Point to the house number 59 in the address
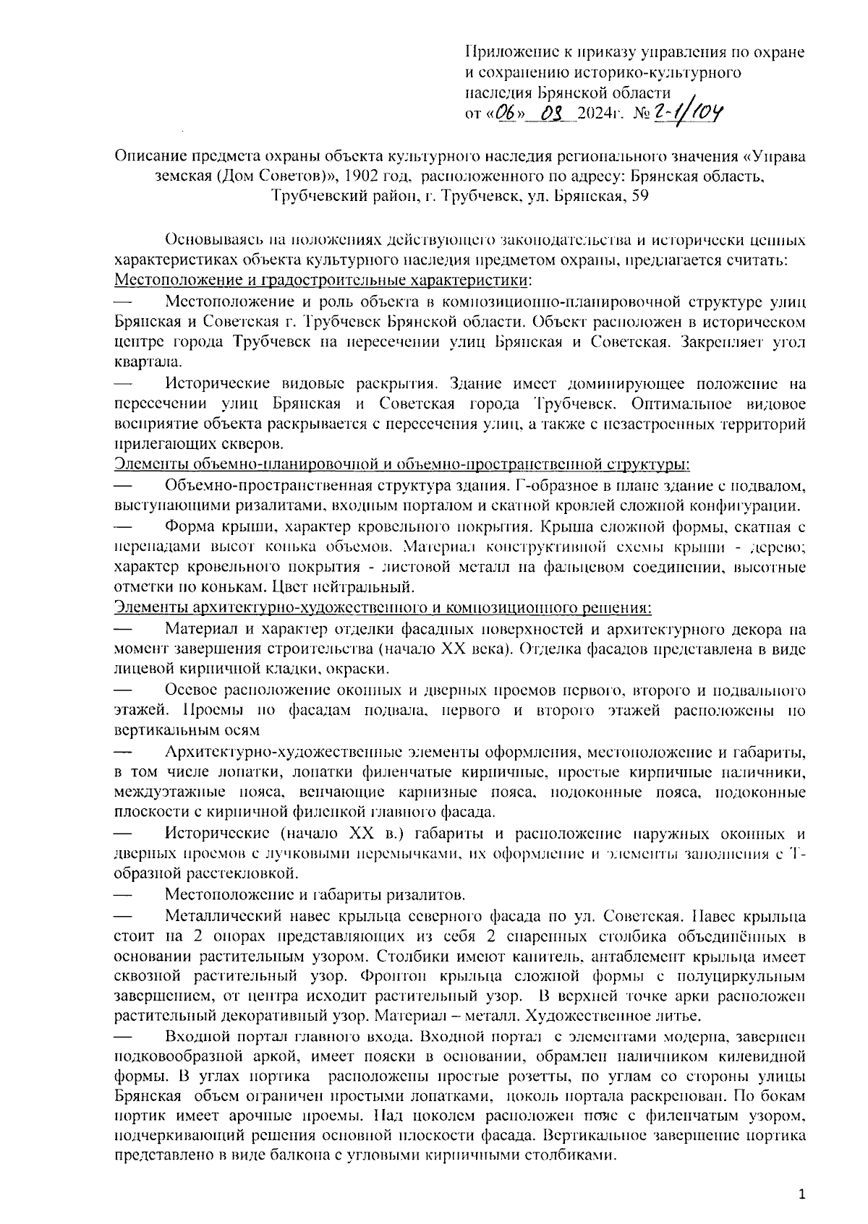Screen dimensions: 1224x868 tap(639, 195)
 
